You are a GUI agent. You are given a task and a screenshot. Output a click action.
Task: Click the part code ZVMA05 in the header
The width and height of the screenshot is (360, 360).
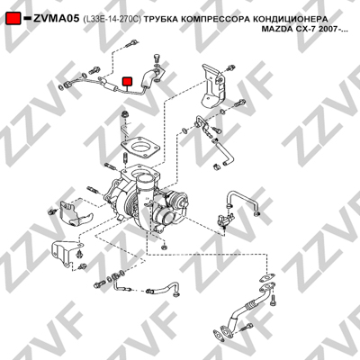(x=56, y=19)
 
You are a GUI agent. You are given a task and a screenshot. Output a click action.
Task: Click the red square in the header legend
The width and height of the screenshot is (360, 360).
(x=13, y=19)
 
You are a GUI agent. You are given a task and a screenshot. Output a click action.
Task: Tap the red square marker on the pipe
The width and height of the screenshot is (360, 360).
(x=127, y=81)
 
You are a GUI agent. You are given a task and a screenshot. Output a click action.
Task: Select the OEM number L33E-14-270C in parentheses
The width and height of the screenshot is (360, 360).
(x=112, y=19)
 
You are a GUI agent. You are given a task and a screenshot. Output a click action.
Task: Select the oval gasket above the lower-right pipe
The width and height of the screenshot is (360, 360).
(x=267, y=277)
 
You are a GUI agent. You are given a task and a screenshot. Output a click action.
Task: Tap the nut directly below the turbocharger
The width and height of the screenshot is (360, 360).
(x=164, y=247)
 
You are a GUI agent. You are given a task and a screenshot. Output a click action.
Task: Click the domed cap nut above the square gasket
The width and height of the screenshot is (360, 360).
(x=124, y=114)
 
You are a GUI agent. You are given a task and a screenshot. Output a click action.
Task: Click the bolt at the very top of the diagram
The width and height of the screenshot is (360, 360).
(x=130, y=44)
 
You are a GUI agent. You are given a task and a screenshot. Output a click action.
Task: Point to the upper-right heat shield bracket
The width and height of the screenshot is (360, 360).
(x=212, y=87)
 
